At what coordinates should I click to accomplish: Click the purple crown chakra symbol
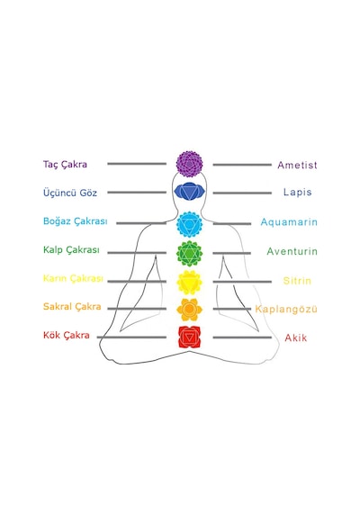(190, 164)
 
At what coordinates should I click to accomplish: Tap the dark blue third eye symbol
(190, 192)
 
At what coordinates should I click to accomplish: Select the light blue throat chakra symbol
(190, 224)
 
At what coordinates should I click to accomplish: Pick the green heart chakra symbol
(190, 253)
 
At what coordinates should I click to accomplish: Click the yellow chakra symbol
(189, 282)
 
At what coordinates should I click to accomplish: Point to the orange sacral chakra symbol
(189, 310)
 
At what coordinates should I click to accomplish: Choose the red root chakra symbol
(190, 337)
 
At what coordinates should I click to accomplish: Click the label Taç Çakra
(65, 164)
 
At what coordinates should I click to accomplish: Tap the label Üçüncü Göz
(70, 193)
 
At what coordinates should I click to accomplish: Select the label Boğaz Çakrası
(76, 221)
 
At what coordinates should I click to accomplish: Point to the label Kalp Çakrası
(71, 250)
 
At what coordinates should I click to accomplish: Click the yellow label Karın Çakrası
(73, 278)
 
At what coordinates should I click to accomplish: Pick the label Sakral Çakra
(72, 307)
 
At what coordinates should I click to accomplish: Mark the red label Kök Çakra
(67, 336)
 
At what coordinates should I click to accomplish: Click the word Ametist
(297, 165)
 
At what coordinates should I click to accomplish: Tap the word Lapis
(298, 192)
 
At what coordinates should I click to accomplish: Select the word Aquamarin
(289, 222)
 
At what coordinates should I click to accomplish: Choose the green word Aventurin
(292, 251)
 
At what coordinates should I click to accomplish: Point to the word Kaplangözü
(286, 310)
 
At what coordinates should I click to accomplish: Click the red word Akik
(296, 338)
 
